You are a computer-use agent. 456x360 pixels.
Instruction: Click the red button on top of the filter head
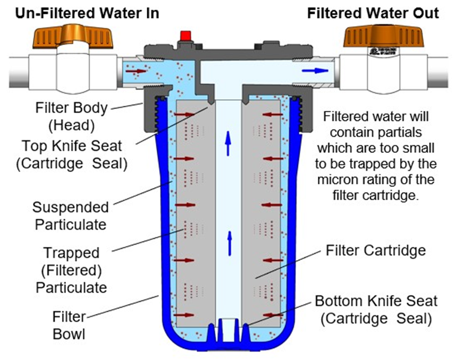(x=185, y=36)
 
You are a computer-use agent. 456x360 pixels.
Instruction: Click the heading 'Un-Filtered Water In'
(x=87, y=13)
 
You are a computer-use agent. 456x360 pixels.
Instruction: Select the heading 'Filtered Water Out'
(x=374, y=13)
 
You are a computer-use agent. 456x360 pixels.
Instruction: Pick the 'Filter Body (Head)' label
(x=71, y=117)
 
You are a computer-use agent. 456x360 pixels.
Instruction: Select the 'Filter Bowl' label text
(x=69, y=325)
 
